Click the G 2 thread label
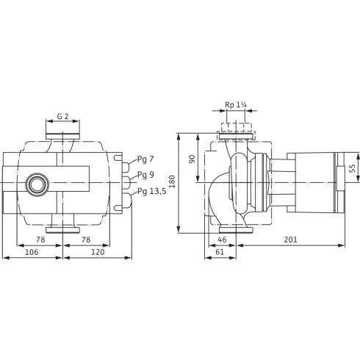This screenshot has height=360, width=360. click(62, 117)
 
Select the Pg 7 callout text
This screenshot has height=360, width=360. click(146, 160)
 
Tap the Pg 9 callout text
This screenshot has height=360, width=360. click(146, 176)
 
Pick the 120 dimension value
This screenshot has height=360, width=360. click(97, 252)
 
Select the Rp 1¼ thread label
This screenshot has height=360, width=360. click(236, 105)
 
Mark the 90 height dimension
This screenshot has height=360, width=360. click(192, 159)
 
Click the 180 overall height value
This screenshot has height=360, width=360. click(173, 181)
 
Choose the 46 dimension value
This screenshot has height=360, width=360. click(222, 240)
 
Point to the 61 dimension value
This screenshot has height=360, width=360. click(220, 252)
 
